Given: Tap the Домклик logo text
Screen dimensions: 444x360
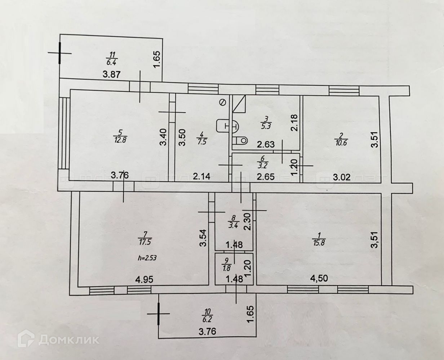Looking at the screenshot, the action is [x=68, y=340].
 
